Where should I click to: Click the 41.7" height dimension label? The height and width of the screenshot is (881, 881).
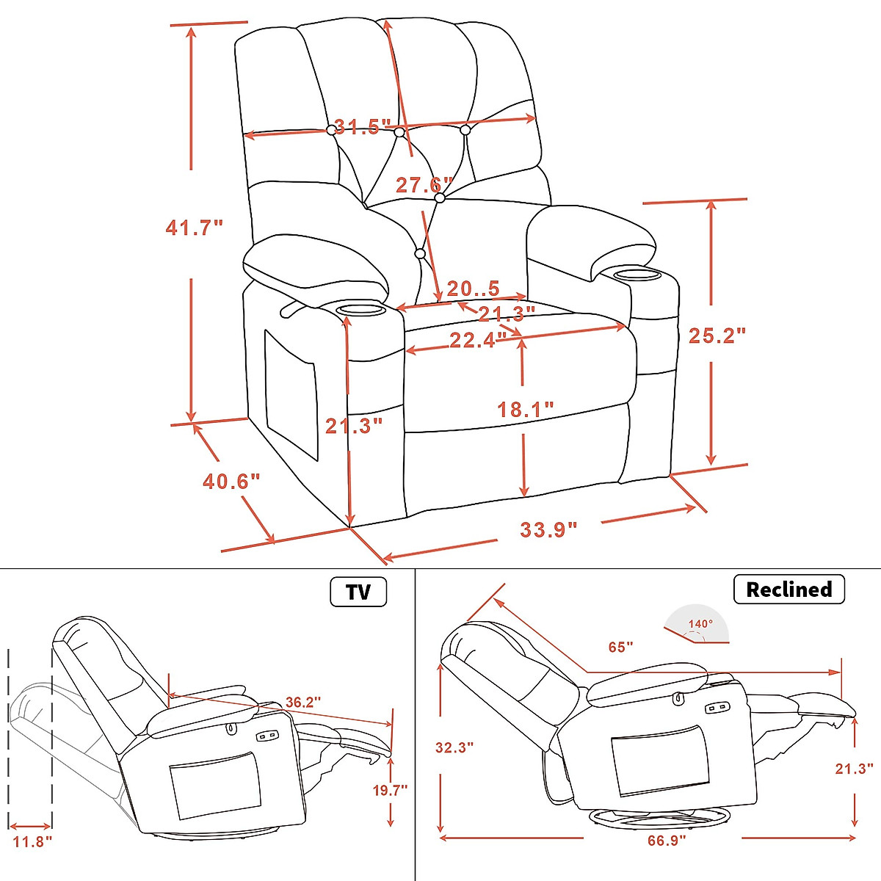(x=194, y=228)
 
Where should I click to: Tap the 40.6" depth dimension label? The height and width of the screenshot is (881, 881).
(x=231, y=482)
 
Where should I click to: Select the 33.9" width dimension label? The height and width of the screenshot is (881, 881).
(x=548, y=529)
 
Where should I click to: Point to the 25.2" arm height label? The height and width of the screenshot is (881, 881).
(x=717, y=336)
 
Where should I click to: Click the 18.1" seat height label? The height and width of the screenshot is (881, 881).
(x=526, y=409)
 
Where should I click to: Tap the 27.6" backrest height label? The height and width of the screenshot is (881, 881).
(x=424, y=184)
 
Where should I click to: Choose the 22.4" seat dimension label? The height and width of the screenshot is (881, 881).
(x=478, y=340)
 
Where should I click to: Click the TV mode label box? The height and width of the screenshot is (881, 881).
(x=358, y=592)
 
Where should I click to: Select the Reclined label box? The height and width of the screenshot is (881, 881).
(x=788, y=590)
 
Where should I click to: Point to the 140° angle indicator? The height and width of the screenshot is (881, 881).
(x=699, y=626)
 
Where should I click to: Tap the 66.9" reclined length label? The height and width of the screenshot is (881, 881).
(x=666, y=840)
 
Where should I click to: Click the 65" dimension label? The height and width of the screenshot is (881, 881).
(x=620, y=647)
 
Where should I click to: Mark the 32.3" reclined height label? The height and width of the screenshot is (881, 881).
(x=454, y=747)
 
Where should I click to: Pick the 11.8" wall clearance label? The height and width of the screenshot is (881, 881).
(x=32, y=841)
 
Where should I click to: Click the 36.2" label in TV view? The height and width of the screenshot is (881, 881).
(x=302, y=703)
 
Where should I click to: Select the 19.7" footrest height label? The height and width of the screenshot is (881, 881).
(x=389, y=790)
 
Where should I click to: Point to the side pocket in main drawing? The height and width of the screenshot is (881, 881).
(x=291, y=394)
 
